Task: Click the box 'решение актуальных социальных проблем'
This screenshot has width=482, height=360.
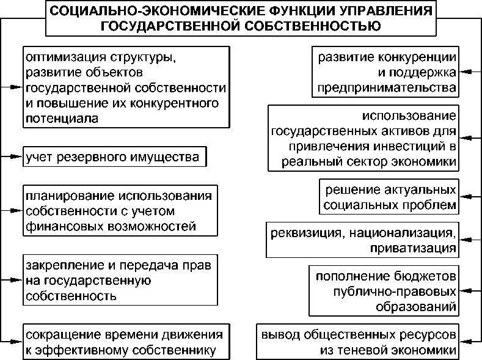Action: click(389, 197)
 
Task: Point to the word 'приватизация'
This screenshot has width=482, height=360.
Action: click(412, 249)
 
